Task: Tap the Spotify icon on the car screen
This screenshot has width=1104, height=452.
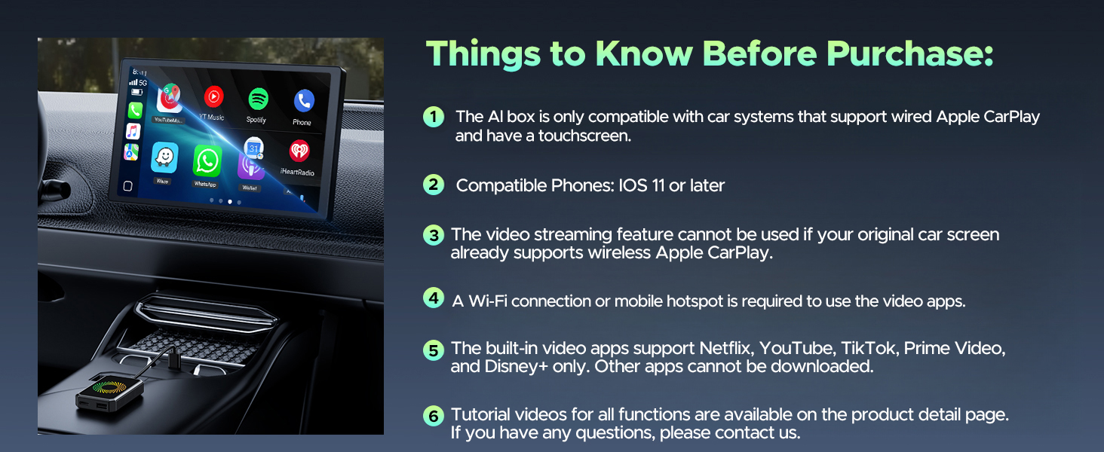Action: (x=258, y=99)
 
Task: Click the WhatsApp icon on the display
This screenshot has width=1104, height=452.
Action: (x=207, y=160)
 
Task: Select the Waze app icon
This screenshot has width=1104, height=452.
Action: (x=164, y=157)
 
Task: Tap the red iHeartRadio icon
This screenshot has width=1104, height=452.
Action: (x=300, y=151)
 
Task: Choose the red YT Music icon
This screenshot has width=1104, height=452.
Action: (x=213, y=96)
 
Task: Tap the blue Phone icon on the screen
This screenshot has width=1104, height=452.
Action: (x=303, y=100)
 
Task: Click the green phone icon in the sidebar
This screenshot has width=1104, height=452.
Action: (x=135, y=110)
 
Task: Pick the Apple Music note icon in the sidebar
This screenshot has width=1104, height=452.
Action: (x=133, y=131)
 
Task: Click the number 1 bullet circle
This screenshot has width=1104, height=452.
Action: (x=434, y=117)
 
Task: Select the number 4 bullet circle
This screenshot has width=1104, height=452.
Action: (x=434, y=298)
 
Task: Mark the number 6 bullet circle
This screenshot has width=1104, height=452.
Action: (x=434, y=416)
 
